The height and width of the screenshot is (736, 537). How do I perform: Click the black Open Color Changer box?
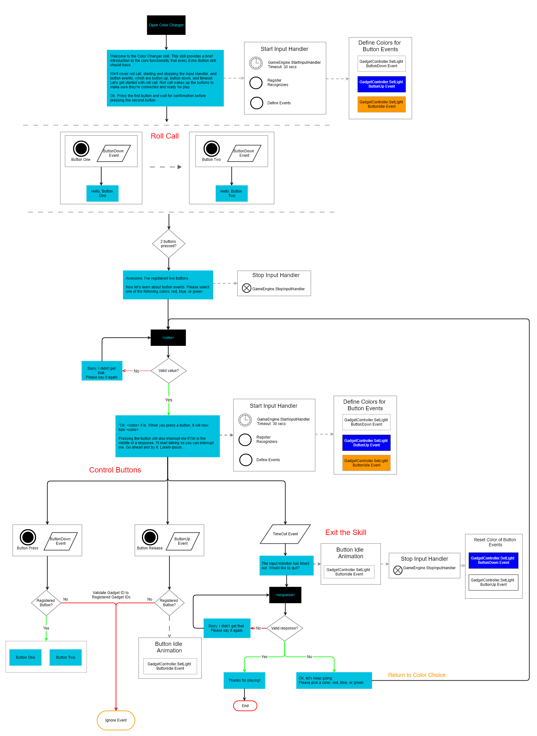point(166,25)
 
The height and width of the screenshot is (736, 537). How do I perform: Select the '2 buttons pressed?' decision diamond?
point(169,243)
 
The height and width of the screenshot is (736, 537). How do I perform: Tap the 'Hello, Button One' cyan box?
point(102,193)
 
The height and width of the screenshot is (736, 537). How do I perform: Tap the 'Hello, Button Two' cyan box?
point(231,193)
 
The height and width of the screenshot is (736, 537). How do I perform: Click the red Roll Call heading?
point(164,136)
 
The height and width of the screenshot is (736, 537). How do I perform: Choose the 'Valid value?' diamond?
point(169,370)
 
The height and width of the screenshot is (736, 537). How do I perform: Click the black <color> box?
point(168,337)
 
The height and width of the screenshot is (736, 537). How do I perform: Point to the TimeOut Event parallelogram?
point(285,534)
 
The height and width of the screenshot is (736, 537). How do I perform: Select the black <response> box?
point(285,595)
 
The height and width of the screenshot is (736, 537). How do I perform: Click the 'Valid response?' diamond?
point(285,628)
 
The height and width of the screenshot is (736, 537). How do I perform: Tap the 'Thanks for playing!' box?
point(244,680)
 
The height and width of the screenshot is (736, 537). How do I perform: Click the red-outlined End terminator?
point(245,706)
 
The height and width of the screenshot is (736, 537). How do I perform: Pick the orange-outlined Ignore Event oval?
point(116,720)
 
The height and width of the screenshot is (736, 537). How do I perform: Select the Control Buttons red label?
point(115,470)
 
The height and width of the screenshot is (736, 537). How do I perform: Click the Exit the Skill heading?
point(346,532)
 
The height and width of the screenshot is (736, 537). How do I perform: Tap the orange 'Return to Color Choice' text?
point(417,675)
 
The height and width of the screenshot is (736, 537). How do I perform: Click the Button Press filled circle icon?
point(28,537)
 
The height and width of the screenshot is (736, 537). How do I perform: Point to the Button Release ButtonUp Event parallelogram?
point(182,541)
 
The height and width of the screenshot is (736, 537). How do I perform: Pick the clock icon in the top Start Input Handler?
point(256,63)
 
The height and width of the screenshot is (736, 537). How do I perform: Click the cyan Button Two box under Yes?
point(65,657)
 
